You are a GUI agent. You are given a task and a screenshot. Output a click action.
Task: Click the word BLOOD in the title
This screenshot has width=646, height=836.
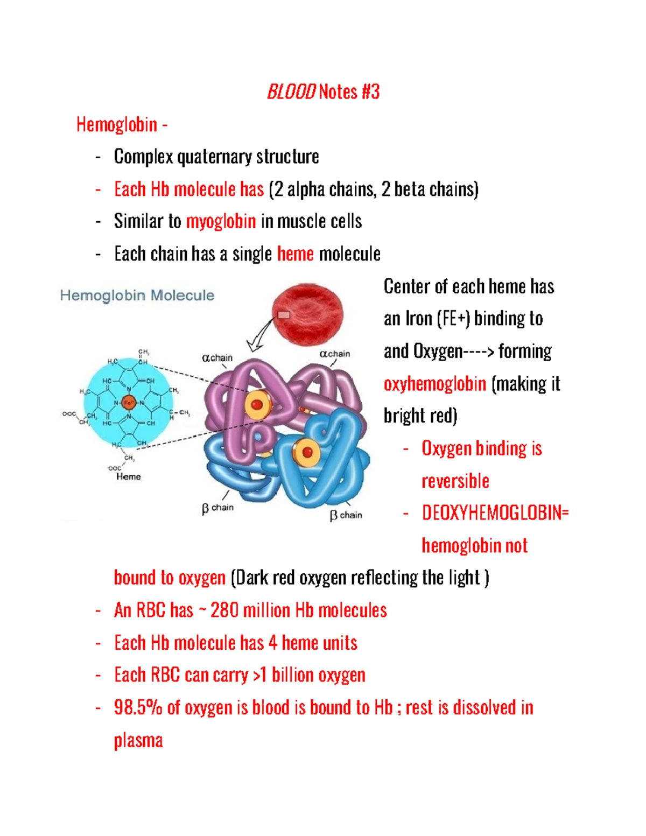(x=291, y=92)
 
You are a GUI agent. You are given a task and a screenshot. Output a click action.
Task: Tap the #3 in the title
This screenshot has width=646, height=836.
(x=370, y=92)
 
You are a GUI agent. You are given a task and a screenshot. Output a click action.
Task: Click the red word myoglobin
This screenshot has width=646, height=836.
(x=221, y=221)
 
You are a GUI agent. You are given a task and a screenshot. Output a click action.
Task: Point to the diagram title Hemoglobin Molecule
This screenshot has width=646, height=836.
(x=137, y=296)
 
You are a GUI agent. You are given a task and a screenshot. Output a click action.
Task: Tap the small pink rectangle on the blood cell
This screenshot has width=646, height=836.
(x=284, y=315)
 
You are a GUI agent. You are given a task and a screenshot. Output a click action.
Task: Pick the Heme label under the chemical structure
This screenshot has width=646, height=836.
(x=129, y=476)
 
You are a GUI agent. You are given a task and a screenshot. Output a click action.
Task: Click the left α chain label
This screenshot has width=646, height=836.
(x=217, y=358)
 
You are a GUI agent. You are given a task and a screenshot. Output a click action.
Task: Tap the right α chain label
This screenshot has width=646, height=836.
(x=335, y=354)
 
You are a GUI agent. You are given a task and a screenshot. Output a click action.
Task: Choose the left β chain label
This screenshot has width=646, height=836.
(x=217, y=508)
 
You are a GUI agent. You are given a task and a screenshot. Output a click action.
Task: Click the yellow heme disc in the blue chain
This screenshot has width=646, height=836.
(x=307, y=452)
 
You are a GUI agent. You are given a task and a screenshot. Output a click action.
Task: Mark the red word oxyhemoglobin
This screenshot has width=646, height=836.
(x=435, y=384)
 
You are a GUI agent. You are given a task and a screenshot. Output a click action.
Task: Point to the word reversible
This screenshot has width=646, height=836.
(x=455, y=481)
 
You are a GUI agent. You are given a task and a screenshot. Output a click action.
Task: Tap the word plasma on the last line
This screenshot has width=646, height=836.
(x=138, y=741)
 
